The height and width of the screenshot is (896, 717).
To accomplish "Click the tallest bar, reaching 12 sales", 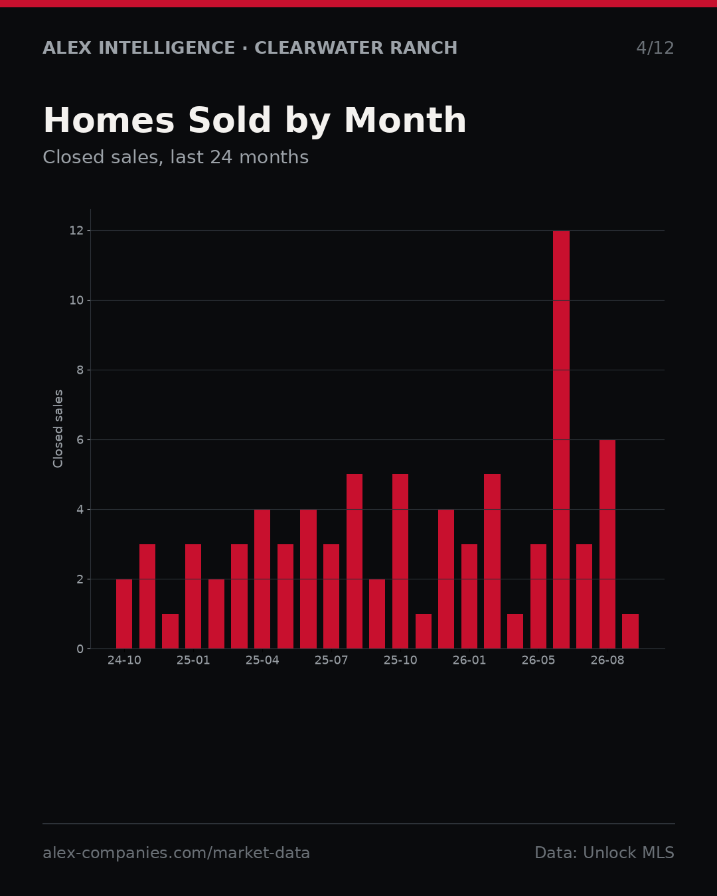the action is (x=561, y=439).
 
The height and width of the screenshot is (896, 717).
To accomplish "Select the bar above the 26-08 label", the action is (x=607, y=544).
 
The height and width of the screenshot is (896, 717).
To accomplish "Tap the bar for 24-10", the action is (x=124, y=614).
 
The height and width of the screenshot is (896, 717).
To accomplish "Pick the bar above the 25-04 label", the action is (x=262, y=579).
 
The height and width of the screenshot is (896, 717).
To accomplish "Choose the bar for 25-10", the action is (x=400, y=561).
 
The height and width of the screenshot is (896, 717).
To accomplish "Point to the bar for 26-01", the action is (x=469, y=596).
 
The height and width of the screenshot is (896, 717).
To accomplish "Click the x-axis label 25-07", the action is (x=331, y=660).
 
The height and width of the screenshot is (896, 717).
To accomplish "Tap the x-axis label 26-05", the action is (x=538, y=660).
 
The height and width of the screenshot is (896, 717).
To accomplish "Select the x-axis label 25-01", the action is (x=193, y=660).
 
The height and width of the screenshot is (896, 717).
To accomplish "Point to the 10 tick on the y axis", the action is (x=76, y=300).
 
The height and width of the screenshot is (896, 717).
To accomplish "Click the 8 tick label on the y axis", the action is (x=80, y=370).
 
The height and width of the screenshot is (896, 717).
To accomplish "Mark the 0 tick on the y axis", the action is (x=80, y=648).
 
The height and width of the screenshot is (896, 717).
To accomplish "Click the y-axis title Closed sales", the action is (x=58, y=429).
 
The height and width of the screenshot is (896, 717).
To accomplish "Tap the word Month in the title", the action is (x=405, y=120).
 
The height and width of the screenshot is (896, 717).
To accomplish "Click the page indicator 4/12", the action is (x=655, y=48).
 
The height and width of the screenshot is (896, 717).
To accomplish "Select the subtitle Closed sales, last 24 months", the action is (x=176, y=157).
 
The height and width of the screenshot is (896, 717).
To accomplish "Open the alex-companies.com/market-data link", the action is (x=177, y=853).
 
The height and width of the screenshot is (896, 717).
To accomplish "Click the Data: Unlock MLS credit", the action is (x=605, y=853).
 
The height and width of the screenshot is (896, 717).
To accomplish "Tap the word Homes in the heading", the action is (x=109, y=120).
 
